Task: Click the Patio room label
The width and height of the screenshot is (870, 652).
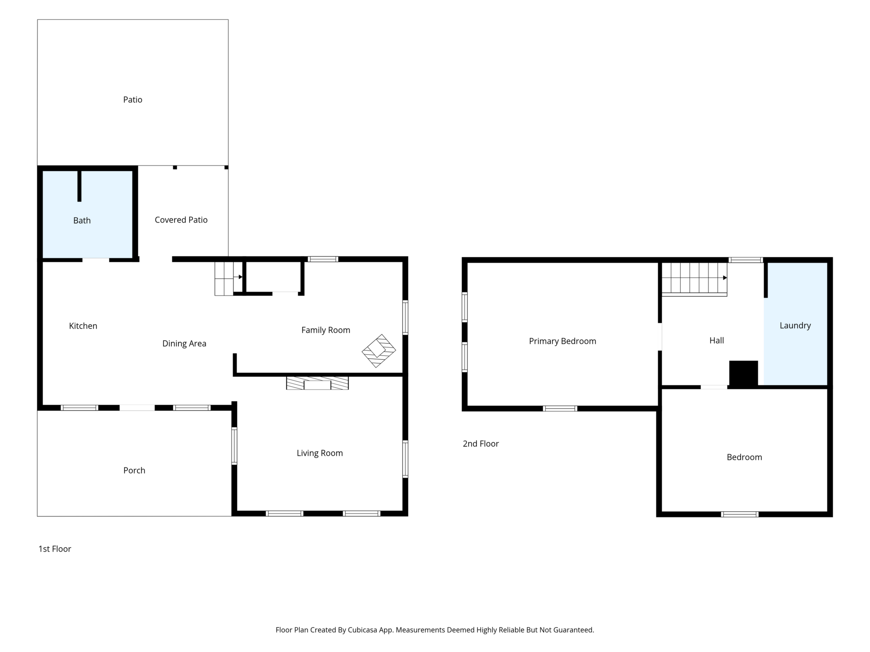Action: point(132,100)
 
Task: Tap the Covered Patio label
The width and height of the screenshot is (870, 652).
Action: point(181,220)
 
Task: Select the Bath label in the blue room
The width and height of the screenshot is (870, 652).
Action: point(82,221)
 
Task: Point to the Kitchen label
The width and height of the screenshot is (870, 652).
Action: point(83,326)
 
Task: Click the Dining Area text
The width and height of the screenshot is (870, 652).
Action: point(184,344)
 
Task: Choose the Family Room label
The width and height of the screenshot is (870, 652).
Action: point(326,331)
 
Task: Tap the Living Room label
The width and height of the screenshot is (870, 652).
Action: point(320,453)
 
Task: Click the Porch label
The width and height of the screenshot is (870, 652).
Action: point(134,471)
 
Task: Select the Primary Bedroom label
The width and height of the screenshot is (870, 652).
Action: point(563,341)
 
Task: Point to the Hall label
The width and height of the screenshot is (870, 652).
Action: point(717,341)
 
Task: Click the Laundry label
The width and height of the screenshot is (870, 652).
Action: point(795,326)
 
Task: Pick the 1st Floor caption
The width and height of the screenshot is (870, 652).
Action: point(55,549)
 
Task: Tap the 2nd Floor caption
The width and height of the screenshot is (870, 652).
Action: point(481,444)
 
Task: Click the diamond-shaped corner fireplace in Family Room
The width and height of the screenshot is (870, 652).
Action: point(379,351)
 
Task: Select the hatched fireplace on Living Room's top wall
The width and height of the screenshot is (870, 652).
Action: point(318,383)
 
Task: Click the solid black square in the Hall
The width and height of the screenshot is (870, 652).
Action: point(743,373)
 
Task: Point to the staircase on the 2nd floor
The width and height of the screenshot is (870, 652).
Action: point(694,279)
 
